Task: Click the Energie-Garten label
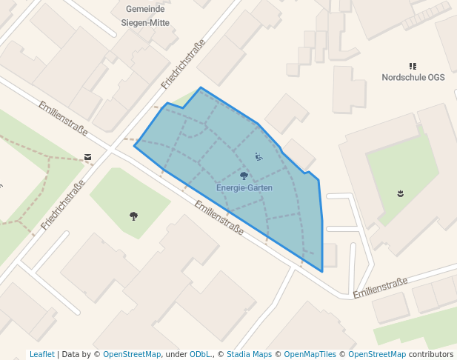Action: (244, 188)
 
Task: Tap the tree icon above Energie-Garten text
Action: (244, 176)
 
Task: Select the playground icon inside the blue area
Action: (258, 156)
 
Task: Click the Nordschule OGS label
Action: (413, 77)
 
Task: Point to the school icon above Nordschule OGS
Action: (413, 66)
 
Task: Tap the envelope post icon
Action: (88, 157)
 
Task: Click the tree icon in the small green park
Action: (133, 216)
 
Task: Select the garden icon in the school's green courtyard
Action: (400, 193)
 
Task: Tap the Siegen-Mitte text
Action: (145, 23)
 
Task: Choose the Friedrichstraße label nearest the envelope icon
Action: (62, 200)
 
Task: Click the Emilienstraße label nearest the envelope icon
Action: (63, 119)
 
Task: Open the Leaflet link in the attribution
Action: (41, 354)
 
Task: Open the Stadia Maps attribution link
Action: (249, 354)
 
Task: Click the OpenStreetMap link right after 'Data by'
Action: (131, 354)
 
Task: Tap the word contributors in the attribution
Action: (431, 354)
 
